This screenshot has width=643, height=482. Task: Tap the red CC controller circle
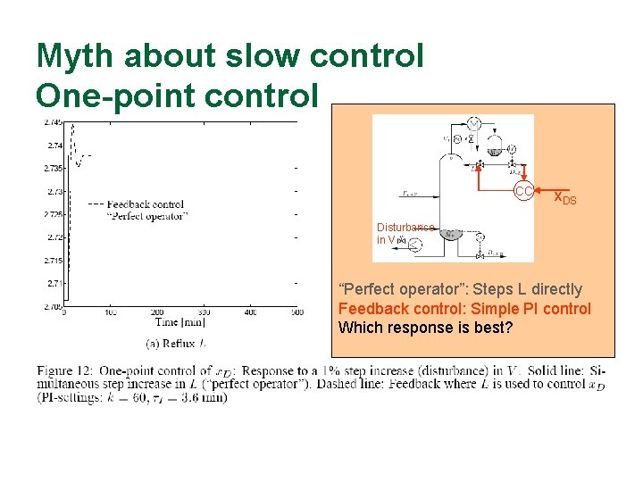coord(523,192)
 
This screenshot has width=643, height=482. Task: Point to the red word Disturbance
coord(405,228)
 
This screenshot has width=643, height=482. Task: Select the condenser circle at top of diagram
coord(475,122)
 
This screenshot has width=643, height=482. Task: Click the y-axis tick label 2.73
coord(54,192)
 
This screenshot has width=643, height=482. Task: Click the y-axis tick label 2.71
coord(54,283)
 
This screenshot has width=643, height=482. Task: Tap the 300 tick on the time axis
coord(203,312)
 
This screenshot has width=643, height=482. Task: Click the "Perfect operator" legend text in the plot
coord(147,216)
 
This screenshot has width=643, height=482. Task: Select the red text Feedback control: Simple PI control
coord(464,309)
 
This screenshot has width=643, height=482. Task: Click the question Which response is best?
coord(425,328)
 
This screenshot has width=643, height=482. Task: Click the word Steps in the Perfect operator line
coord(490,289)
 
